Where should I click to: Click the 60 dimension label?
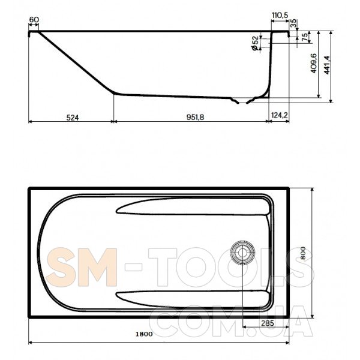coord(34,20)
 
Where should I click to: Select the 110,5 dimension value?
coord(280,16)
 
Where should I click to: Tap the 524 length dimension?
coord(73,118)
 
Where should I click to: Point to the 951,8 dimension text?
coord(195,117)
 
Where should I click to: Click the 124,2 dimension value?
coord(280,115)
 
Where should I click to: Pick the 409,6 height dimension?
coord(314,64)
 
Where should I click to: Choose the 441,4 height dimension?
coord(327,65)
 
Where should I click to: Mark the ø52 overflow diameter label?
coord(254,43)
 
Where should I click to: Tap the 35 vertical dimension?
coord(293,23)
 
